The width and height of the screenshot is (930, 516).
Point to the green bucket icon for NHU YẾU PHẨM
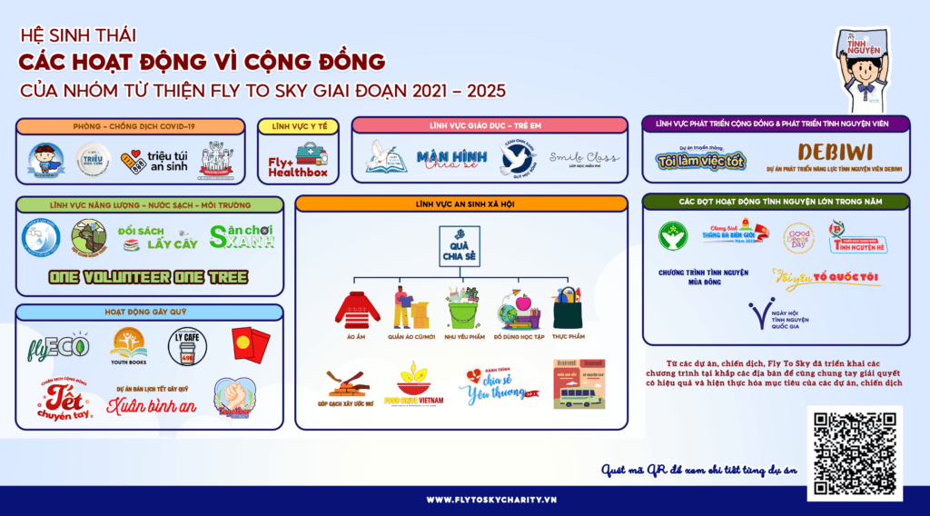461,308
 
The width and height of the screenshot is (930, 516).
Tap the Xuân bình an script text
152,405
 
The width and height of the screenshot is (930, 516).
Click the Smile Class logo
584,160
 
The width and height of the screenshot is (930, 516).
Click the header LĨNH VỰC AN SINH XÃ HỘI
460,203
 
